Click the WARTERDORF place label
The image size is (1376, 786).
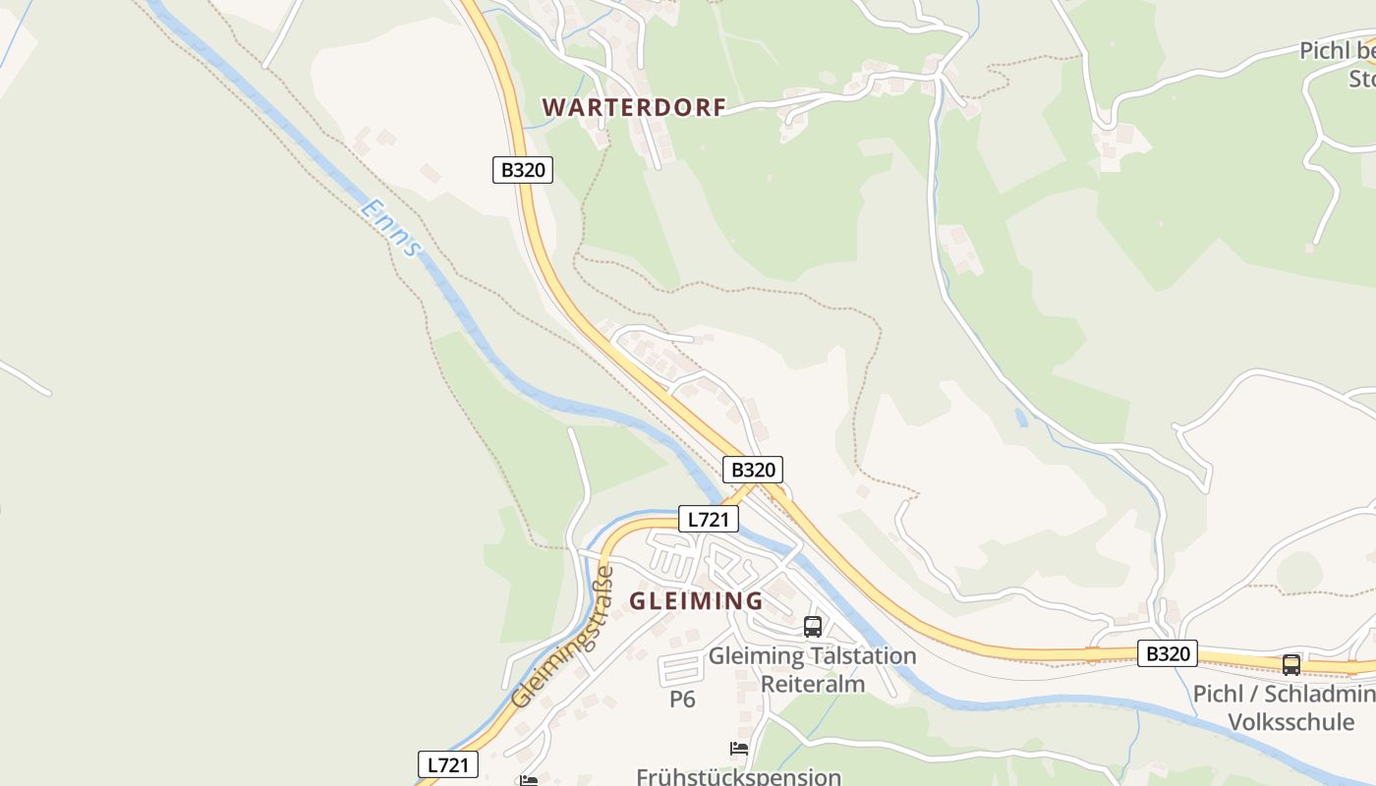(x=634, y=108)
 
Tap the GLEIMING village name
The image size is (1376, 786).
(x=696, y=600)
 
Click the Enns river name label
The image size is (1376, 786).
(x=391, y=228)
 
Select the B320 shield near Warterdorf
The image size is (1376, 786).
(x=523, y=170)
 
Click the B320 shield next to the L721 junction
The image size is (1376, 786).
(x=754, y=470)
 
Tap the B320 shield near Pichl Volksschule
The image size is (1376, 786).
(x=1168, y=653)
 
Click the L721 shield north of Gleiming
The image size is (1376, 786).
(x=708, y=520)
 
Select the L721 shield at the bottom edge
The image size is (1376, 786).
(x=448, y=764)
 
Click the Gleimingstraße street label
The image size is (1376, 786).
(x=562, y=637)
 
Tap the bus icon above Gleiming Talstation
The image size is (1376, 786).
(x=813, y=626)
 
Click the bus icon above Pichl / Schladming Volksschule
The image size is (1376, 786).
(x=1290, y=664)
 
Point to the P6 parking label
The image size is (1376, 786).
(x=682, y=700)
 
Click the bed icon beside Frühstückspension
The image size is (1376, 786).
(x=739, y=749)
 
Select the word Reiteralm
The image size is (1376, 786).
(x=813, y=684)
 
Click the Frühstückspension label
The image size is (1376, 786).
(x=738, y=776)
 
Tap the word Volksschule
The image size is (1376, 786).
(x=1290, y=723)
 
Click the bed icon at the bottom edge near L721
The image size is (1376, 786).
(x=529, y=781)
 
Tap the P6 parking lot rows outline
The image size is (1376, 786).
(x=680, y=670)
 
